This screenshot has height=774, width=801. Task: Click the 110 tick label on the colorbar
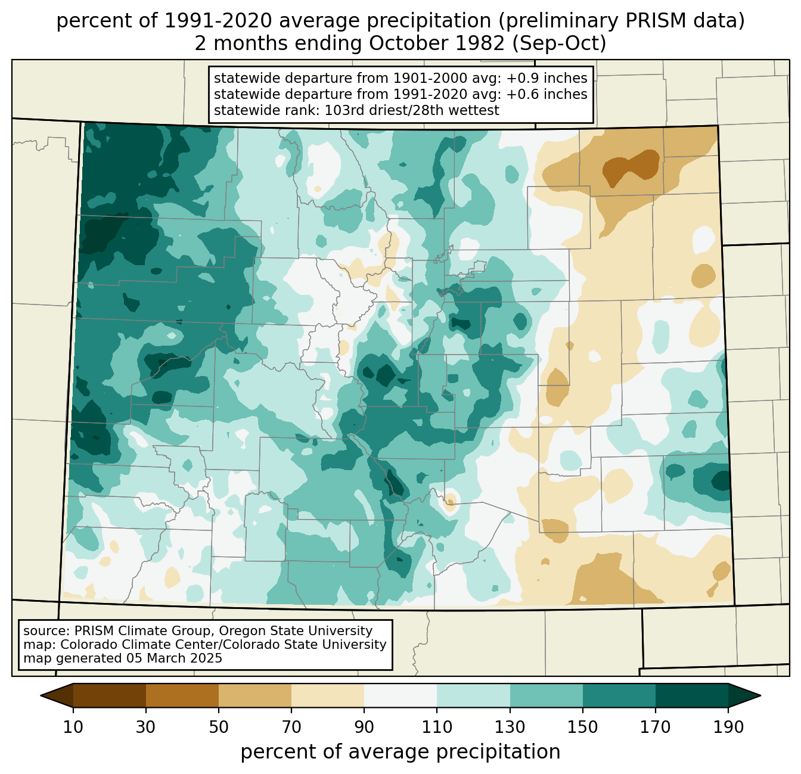coord(437,728)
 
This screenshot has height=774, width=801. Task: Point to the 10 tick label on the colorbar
coord(73,728)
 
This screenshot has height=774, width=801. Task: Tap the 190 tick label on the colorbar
coord(728,728)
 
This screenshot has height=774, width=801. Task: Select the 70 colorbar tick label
coord(291,728)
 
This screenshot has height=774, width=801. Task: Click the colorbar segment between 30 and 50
coord(182,695)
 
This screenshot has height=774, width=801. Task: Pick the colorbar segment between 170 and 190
coord(691,695)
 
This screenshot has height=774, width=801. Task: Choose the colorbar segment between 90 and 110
coord(401,695)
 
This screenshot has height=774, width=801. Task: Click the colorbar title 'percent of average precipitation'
coord(401,752)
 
